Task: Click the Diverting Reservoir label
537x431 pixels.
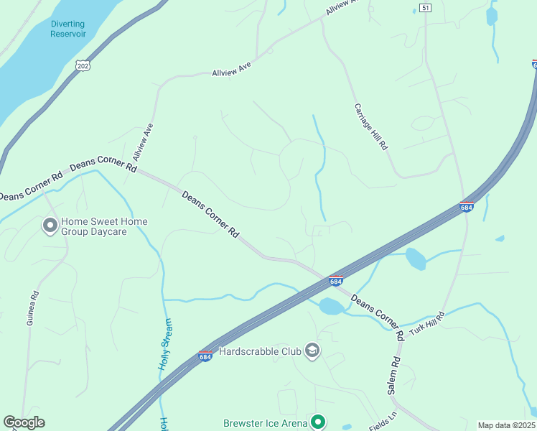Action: [x=68, y=28]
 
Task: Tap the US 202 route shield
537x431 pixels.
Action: [x=83, y=65]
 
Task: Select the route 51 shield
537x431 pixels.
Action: [x=426, y=8]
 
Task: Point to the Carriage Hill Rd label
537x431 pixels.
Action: [x=371, y=126]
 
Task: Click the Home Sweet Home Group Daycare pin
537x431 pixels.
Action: [x=50, y=226]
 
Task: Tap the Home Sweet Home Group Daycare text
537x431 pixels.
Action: [x=104, y=226]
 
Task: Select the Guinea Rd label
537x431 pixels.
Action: [x=31, y=307]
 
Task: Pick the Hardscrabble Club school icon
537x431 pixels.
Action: [x=312, y=351]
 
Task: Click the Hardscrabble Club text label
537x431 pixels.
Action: [x=259, y=351]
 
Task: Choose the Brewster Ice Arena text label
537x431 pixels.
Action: [x=265, y=423]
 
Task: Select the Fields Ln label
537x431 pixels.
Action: [x=382, y=422]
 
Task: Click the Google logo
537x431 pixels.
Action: [x=24, y=422]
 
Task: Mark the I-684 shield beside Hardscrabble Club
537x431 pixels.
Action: [x=205, y=356]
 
